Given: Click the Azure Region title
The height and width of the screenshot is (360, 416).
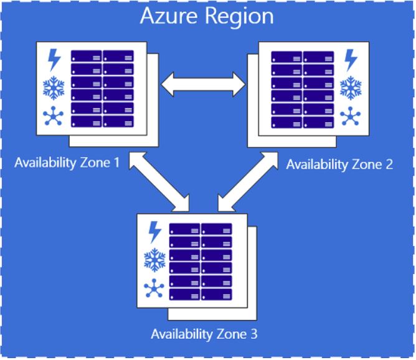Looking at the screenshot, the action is click(207, 17).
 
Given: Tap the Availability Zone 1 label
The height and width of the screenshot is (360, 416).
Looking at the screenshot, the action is click(67, 163).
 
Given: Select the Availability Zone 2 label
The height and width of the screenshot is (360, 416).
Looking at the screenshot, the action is click(339, 164).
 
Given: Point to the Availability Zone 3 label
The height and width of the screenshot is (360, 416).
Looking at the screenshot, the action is click(204, 334).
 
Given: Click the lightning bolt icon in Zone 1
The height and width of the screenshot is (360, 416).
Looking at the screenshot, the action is click(54, 60).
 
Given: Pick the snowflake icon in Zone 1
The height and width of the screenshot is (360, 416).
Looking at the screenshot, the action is click(54, 88).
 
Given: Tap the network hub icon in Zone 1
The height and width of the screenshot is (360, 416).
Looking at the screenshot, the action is click(53, 116).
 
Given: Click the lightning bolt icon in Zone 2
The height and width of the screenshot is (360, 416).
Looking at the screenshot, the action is click(351, 60).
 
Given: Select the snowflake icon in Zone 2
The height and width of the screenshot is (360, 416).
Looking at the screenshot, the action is click(351, 88).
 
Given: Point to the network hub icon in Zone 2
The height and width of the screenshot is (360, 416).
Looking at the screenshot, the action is click(350, 116).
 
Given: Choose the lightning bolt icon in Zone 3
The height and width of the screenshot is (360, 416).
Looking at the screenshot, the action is click(155, 232).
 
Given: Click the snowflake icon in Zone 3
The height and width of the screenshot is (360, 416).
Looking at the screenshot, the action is click(154, 260).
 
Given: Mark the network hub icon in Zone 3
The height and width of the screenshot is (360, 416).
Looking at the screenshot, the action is click(154, 288).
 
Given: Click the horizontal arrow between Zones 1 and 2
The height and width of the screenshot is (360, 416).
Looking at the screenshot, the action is click(203, 84).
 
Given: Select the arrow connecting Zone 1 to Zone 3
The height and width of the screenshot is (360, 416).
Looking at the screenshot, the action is click(159, 182).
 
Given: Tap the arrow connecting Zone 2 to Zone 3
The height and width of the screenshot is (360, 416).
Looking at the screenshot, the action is click(248, 182).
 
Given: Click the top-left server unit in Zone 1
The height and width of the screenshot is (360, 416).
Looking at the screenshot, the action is click(86, 56).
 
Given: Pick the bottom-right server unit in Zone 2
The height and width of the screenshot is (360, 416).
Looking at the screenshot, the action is click(319, 122).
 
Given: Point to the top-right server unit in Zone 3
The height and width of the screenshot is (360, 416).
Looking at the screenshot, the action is click(217, 229).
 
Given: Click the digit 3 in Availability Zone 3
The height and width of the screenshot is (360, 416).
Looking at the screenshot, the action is click(254, 334).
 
